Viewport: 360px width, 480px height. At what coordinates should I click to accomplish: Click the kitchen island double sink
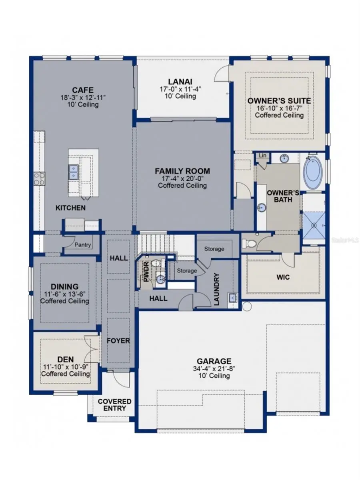click(x=74, y=172)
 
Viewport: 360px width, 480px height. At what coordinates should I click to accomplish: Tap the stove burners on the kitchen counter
click(x=39, y=178)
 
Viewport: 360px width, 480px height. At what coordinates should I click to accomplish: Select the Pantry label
click(x=83, y=245)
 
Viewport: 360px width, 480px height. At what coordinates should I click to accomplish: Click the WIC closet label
click(x=283, y=277)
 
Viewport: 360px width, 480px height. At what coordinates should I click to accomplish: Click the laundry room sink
click(x=232, y=297)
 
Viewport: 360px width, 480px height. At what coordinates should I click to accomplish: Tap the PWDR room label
click(x=146, y=271)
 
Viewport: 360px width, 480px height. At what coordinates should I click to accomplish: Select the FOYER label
click(x=118, y=341)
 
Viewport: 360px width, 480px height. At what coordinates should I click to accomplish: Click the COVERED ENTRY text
click(x=115, y=405)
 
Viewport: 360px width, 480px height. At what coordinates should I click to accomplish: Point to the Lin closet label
click(x=262, y=155)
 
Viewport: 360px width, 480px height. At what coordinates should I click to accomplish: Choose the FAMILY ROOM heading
click(x=182, y=171)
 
